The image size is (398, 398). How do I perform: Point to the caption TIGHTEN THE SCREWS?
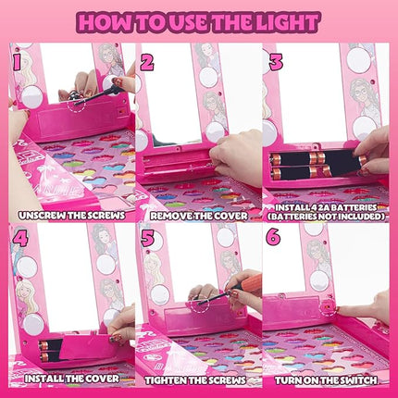(x=199, y=378)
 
